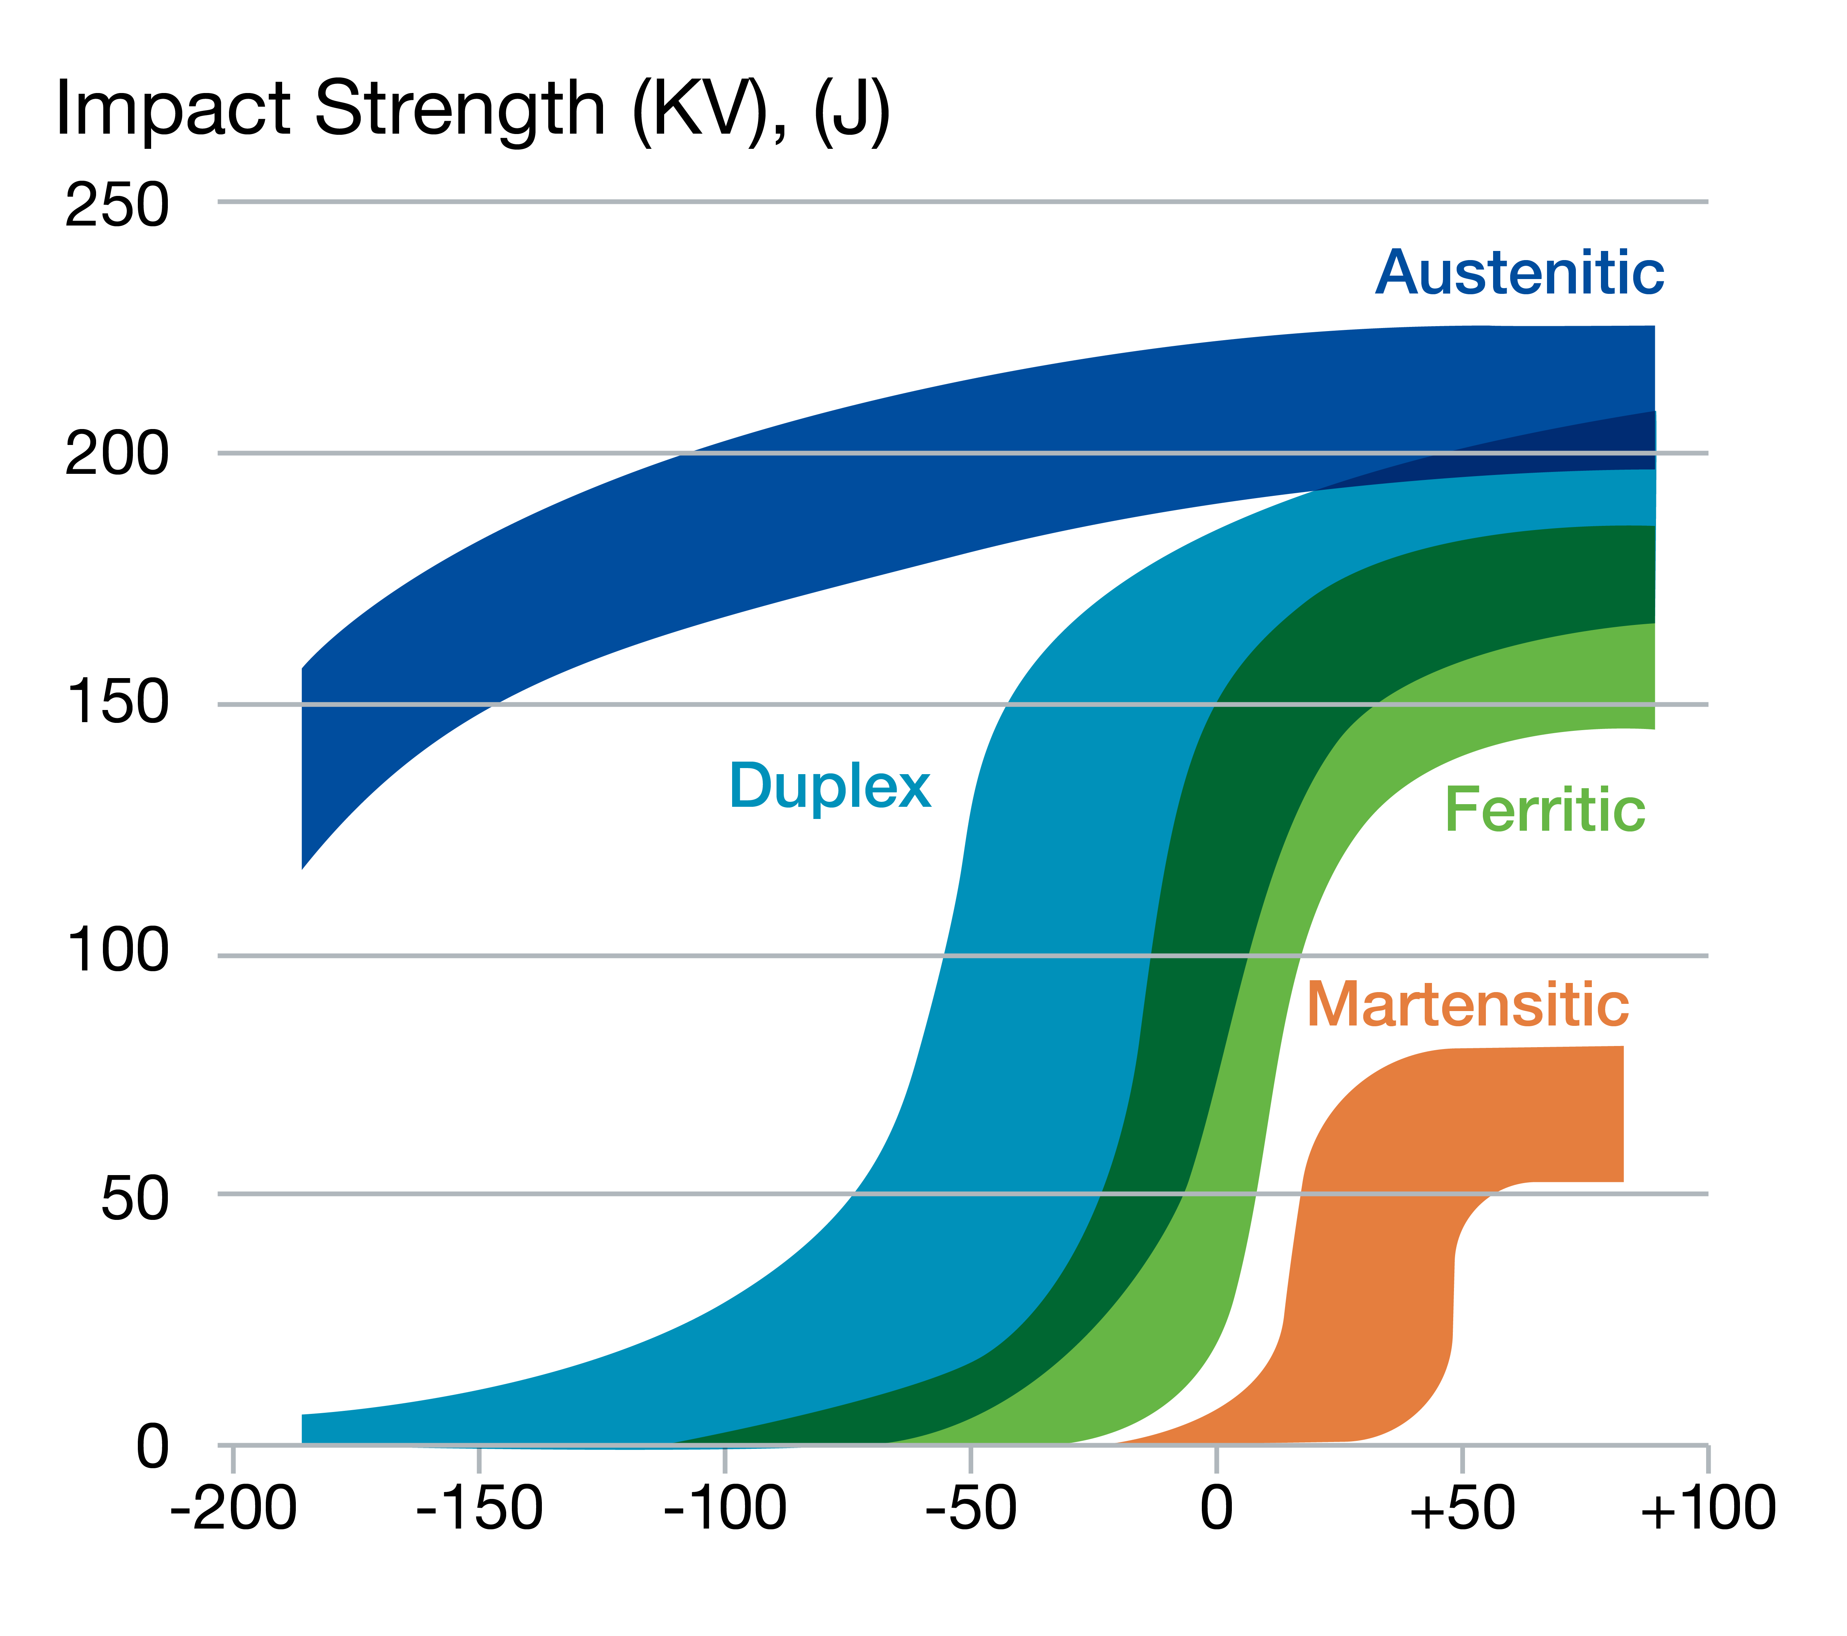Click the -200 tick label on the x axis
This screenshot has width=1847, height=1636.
tap(233, 1509)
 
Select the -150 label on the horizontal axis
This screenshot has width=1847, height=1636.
tap(479, 1509)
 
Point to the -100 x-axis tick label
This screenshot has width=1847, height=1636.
tap(725, 1509)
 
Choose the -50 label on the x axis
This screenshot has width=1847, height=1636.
tap(971, 1509)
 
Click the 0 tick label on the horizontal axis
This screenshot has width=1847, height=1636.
tap(1216, 1509)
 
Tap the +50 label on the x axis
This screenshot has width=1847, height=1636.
tap(1462, 1509)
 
